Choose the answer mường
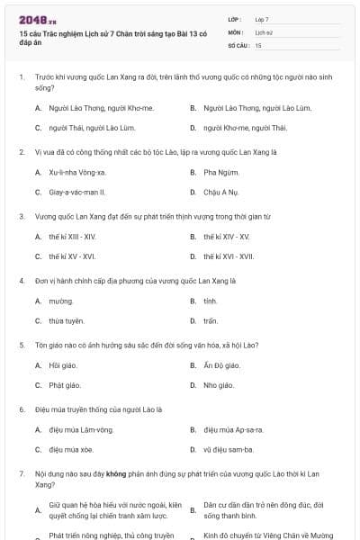(61, 301)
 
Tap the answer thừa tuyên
(67, 320)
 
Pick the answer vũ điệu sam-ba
(228, 449)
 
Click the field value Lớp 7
(262, 18)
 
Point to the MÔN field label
(235, 31)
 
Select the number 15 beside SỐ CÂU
(258, 44)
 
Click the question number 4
(22, 281)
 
